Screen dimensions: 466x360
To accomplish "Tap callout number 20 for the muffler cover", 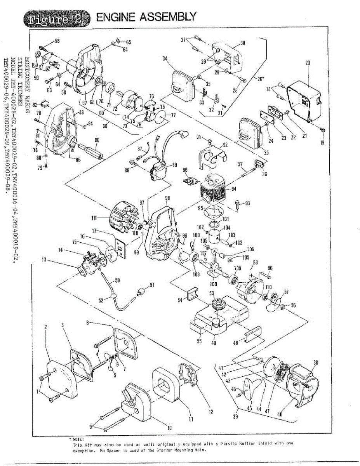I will [308, 62].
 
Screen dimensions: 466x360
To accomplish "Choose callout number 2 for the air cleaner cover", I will [46, 327].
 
